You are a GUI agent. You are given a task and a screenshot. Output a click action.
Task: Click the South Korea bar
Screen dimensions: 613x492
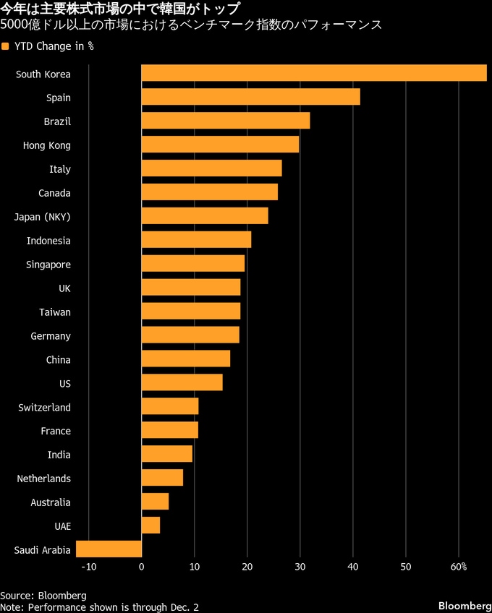pyautogui.click(x=313, y=73)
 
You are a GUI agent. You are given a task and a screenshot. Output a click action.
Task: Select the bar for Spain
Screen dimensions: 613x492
pyautogui.click(x=250, y=97)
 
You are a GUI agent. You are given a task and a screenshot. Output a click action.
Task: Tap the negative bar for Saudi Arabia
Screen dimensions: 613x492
pyautogui.click(x=109, y=550)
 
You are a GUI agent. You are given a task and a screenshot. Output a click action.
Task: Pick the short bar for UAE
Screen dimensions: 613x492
pyautogui.click(x=150, y=526)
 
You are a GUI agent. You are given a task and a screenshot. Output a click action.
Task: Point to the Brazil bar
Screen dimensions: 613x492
pyautogui.click(x=225, y=121)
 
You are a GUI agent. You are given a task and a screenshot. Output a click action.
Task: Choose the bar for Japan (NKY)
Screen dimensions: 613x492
pyautogui.click(x=204, y=216)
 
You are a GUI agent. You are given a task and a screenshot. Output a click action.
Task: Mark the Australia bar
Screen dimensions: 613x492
pyautogui.click(x=155, y=502)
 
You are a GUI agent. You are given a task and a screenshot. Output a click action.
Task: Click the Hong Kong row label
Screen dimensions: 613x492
pyautogui.click(x=47, y=145)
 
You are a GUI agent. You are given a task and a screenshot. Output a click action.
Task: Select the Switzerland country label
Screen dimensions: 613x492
pyautogui.click(x=45, y=407)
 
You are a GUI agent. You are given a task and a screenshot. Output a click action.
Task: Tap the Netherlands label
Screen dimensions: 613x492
pyautogui.click(x=44, y=479)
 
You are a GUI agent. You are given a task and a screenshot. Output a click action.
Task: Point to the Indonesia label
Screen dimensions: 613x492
pyautogui.click(x=48, y=240)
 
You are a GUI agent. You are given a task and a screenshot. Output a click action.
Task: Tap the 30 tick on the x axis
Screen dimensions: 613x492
pyautogui.click(x=300, y=567)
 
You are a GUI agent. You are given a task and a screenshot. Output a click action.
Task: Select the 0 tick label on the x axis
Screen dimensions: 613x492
pyautogui.click(x=141, y=567)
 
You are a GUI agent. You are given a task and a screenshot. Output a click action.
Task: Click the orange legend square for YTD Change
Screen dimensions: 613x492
pyautogui.click(x=5, y=47)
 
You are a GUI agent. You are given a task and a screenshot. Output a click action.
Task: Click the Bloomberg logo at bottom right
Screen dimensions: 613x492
pyautogui.click(x=462, y=604)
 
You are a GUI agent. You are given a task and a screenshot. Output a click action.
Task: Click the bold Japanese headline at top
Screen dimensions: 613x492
pyautogui.click(x=119, y=9)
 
